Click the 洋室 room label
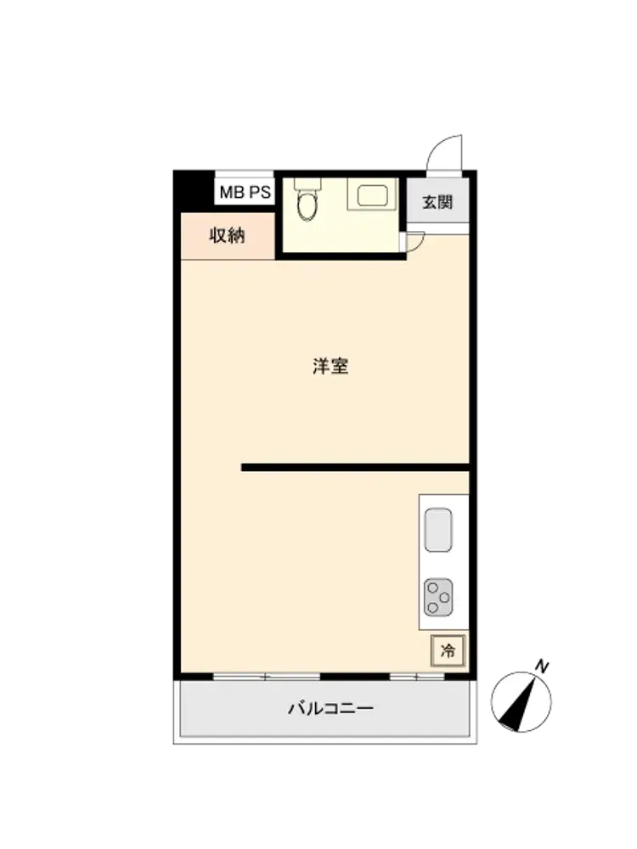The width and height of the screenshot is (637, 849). (x=330, y=367)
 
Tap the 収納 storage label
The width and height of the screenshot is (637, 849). (x=228, y=235)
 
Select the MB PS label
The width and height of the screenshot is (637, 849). (x=245, y=192)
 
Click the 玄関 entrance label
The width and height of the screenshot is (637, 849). (x=437, y=203)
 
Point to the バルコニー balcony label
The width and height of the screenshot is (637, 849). (x=330, y=708)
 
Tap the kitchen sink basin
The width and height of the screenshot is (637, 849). (x=438, y=530)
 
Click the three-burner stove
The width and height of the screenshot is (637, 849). (x=438, y=597)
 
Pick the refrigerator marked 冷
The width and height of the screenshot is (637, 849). (x=448, y=650)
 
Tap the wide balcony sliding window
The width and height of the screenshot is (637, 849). (x=267, y=677)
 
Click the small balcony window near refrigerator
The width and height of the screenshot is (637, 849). (x=417, y=677)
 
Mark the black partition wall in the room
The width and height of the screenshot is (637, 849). (x=355, y=467)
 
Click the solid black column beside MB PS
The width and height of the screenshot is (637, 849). (x=194, y=190)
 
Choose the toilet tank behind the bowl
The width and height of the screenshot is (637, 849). (x=307, y=183)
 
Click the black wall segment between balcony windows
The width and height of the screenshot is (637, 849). (x=355, y=677)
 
